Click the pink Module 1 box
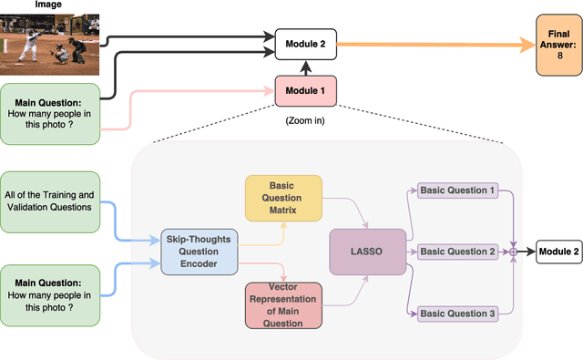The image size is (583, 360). pyautogui.click(x=305, y=90)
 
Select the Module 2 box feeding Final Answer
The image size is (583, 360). pyautogui.click(x=305, y=42)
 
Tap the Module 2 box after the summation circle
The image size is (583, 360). pyautogui.click(x=558, y=251)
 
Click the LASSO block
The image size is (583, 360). pyautogui.click(x=368, y=250)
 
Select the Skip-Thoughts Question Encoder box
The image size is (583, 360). pyautogui.click(x=198, y=252)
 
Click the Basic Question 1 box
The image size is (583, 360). pyautogui.click(x=457, y=190)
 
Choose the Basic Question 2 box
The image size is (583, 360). pyautogui.click(x=457, y=251)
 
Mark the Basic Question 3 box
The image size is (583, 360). pyautogui.click(x=457, y=314)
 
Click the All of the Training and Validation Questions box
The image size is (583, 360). pyautogui.click(x=48, y=201)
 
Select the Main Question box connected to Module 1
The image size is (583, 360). pyautogui.click(x=48, y=113)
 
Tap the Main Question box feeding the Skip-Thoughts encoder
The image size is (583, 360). pyautogui.click(x=48, y=294)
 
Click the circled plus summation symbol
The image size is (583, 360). pyautogui.click(x=513, y=251)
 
